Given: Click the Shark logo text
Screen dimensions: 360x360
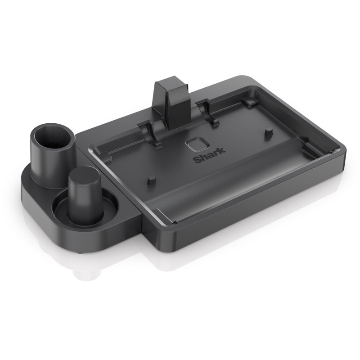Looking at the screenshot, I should [x=206, y=160].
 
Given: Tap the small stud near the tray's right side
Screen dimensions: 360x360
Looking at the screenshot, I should [x=269, y=131].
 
